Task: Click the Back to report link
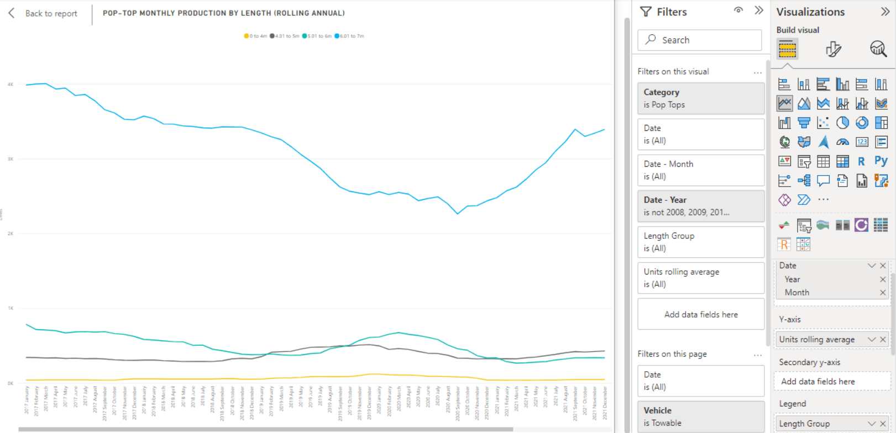point(51,13)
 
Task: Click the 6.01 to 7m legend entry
point(350,36)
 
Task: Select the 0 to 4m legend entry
point(256,36)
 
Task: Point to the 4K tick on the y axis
point(11,85)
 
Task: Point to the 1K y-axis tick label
point(11,308)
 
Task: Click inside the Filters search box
point(700,40)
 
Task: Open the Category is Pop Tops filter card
point(700,98)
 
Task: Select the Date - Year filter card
point(700,206)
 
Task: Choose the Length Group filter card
point(700,242)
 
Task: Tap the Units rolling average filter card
point(700,278)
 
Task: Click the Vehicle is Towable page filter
point(700,416)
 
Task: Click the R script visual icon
point(861,161)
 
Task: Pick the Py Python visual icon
point(881,161)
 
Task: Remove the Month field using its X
point(883,293)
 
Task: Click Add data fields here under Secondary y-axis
point(818,382)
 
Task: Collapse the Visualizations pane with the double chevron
point(885,12)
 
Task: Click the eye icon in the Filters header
point(738,10)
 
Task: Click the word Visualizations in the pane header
point(810,12)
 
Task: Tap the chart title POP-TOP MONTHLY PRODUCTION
point(223,13)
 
